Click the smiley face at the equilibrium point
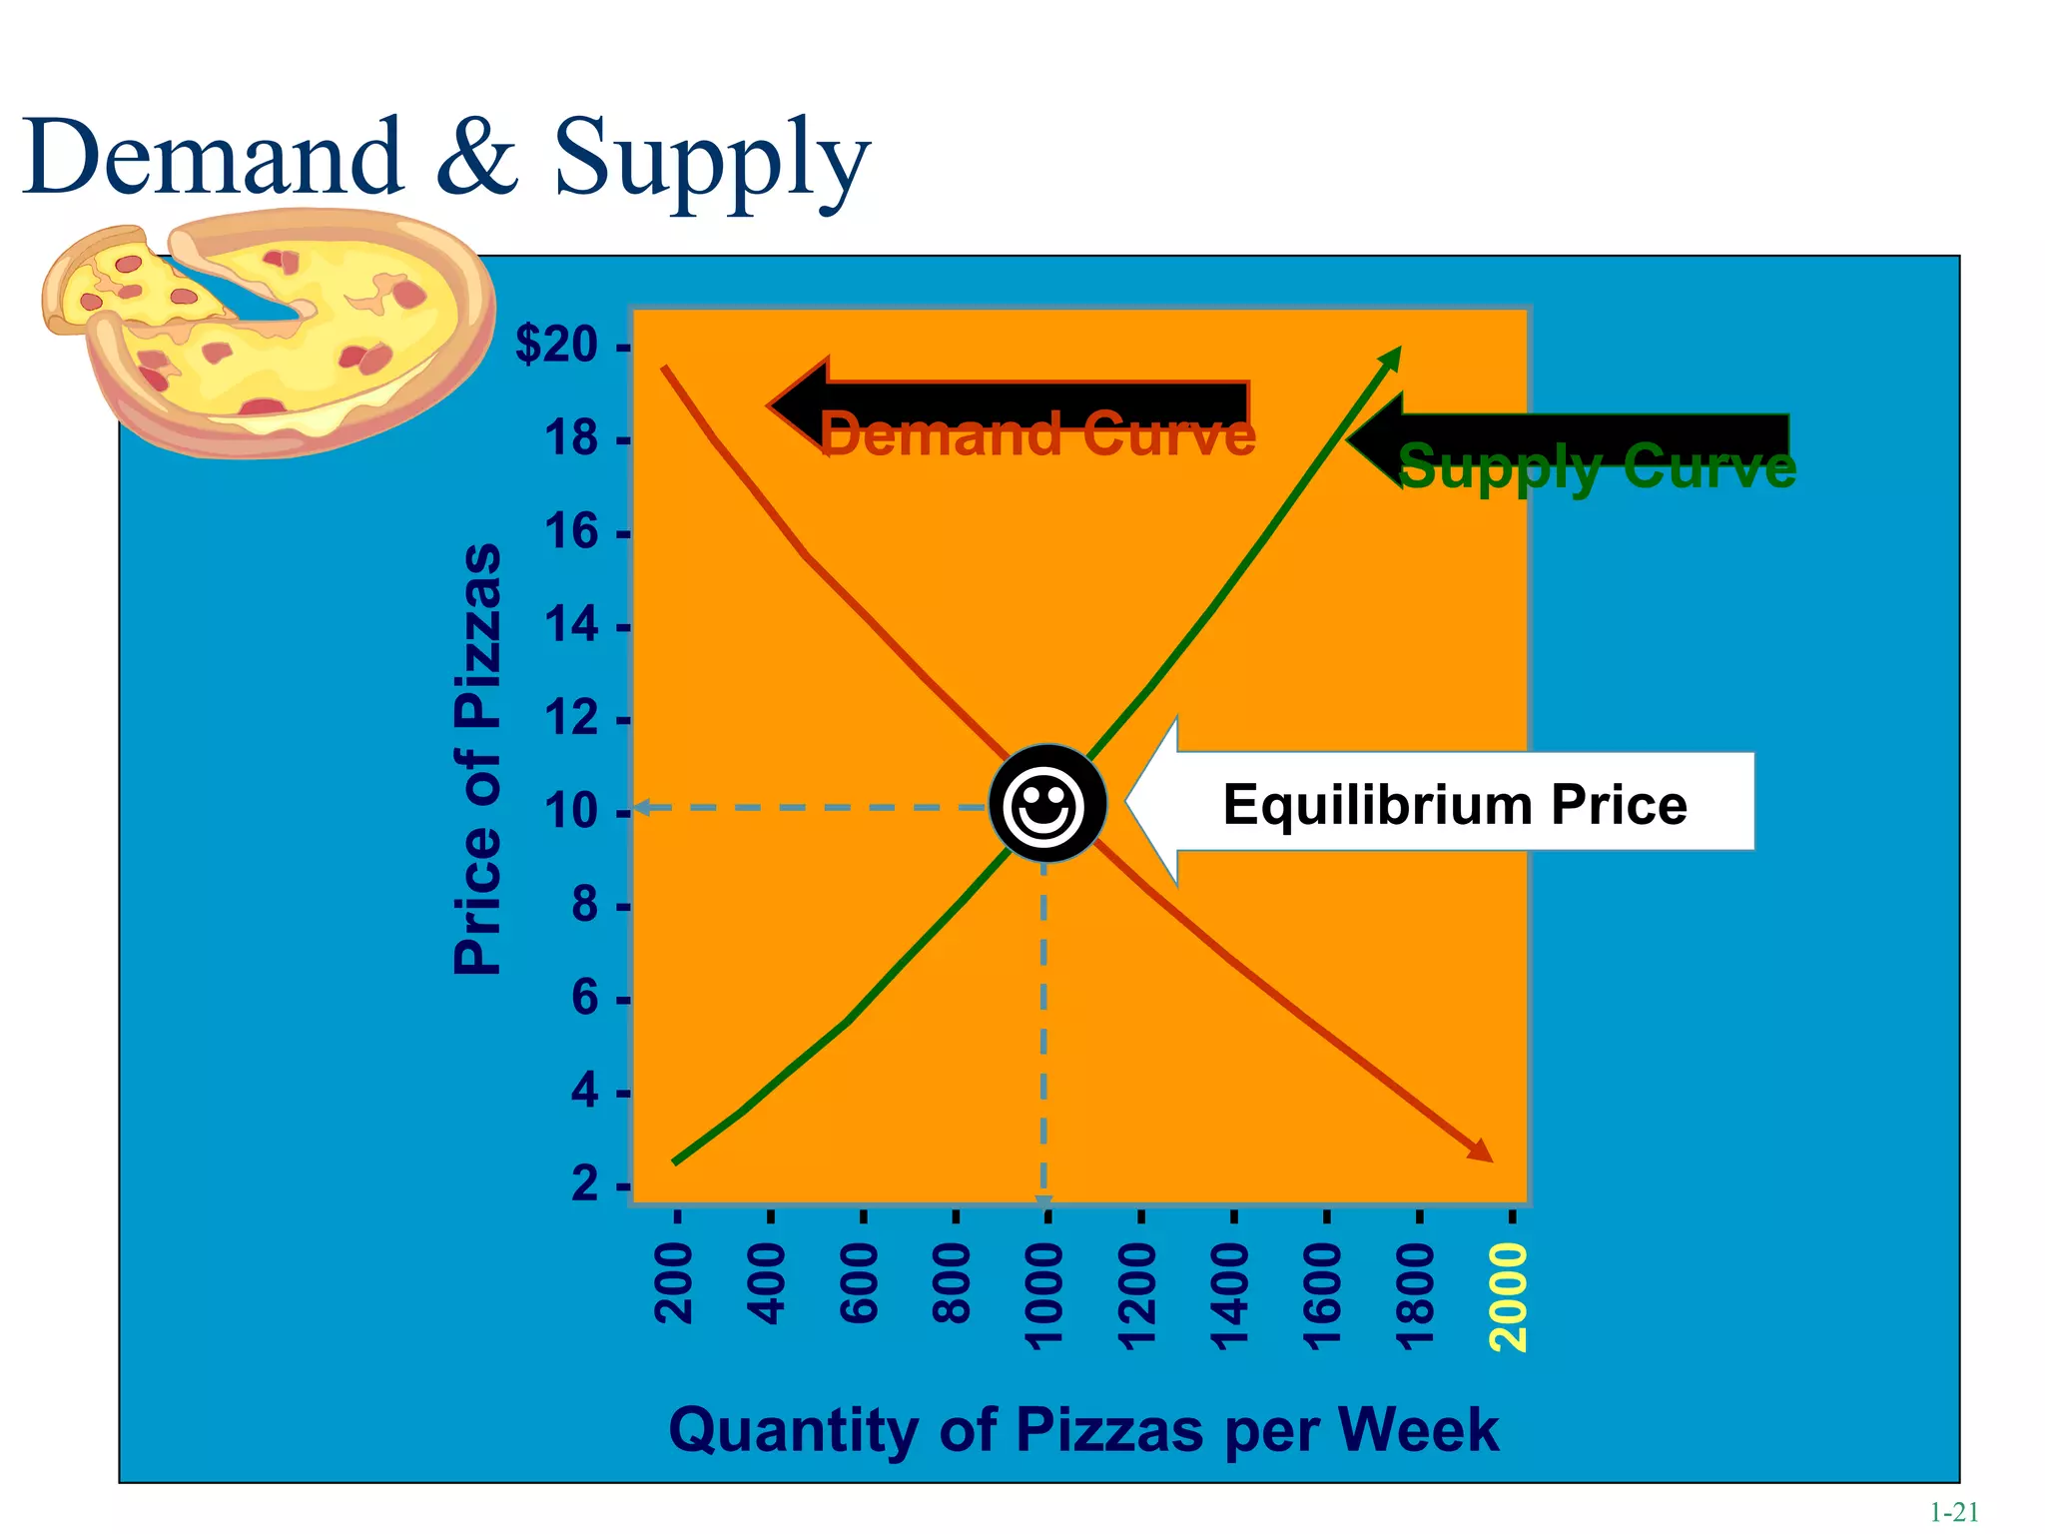[x=1047, y=803]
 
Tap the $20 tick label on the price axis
[x=557, y=346]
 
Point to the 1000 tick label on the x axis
[x=1045, y=1297]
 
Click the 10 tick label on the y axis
[x=571, y=812]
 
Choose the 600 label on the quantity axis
[x=860, y=1284]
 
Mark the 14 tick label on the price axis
[x=571, y=626]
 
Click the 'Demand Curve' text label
[x=1036, y=435]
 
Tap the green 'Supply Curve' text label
[x=1596, y=466]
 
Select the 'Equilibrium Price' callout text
[x=1454, y=805]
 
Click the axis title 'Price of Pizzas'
[x=477, y=759]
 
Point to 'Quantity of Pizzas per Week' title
[x=1083, y=1429]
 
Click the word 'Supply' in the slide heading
[x=712, y=160]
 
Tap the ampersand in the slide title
[x=477, y=156]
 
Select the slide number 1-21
[x=1953, y=1512]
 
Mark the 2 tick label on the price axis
[x=585, y=1184]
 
